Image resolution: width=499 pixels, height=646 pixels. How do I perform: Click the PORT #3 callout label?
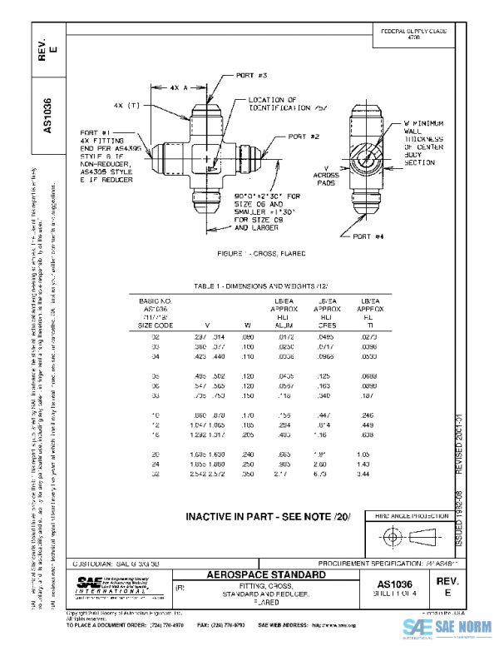point(249,76)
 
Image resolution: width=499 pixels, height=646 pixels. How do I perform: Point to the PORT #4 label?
point(369,237)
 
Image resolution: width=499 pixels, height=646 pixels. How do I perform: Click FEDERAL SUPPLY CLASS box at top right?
point(413,34)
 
